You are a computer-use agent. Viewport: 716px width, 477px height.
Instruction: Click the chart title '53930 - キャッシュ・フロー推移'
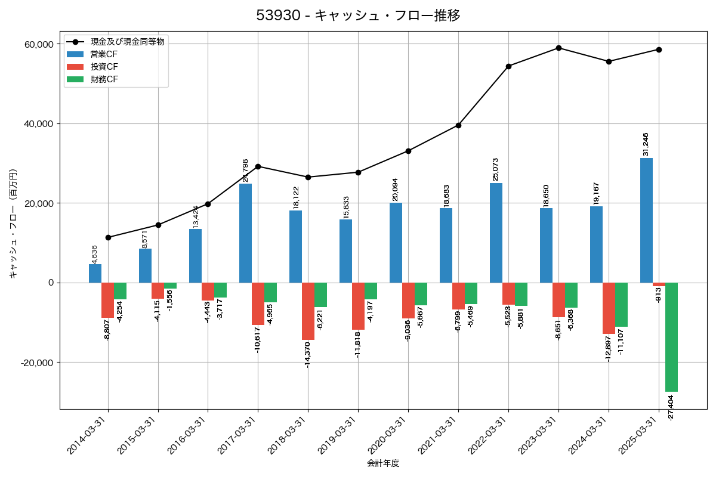(358, 16)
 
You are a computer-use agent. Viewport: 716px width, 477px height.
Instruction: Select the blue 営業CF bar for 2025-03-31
(646, 220)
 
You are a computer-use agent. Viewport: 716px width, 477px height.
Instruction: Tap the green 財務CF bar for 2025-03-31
(671, 337)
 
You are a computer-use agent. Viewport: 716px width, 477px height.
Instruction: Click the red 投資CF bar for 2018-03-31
(308, 311)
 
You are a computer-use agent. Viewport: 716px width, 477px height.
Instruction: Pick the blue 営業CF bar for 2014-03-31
(95, 274)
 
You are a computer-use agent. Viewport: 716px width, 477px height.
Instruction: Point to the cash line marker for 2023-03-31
(558, 48)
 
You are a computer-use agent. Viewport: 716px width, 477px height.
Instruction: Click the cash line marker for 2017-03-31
(258, 166)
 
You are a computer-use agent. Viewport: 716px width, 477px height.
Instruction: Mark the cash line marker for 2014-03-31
(108, 237)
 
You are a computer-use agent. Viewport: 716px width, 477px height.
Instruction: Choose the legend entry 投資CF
(104, 67)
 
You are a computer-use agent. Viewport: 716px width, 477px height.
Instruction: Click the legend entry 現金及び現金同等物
(127, 42)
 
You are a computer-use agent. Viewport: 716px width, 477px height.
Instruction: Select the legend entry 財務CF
(104, 79)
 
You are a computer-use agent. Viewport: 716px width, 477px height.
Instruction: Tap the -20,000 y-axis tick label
(38, 363)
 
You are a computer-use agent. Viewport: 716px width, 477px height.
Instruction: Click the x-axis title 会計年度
(383, 463)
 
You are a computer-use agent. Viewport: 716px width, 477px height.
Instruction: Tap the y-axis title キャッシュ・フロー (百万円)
(13, 224)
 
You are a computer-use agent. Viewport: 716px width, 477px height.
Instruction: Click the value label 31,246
(646, 144)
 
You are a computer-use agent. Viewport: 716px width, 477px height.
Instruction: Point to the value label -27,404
(671, 408)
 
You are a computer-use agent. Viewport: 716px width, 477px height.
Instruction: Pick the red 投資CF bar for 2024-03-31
(609, 308)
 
